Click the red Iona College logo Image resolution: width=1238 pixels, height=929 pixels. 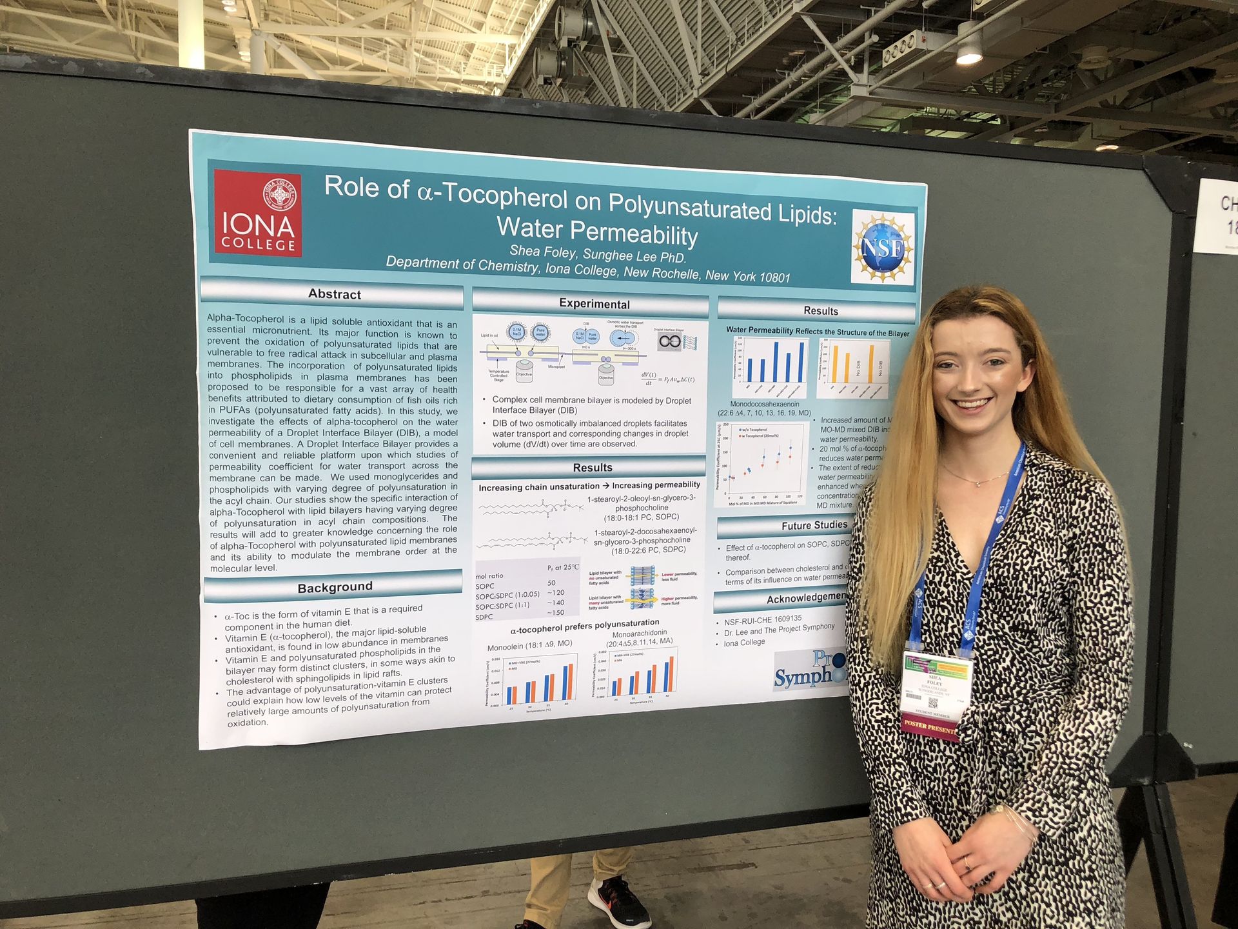tap(258, 212)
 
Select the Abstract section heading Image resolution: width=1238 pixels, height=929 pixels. tap(334, 294)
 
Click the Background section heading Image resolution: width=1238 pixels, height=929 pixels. tap(335, 587)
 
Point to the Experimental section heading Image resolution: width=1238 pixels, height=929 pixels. tap(594, 304)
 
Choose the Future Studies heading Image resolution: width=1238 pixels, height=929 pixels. tap(814, 525)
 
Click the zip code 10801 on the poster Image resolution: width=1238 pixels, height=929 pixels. tap(774, 277)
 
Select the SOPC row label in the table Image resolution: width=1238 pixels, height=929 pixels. tap(485, 586)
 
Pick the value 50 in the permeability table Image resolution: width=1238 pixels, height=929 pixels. tap(551, 583)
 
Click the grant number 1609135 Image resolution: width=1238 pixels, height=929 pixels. tap(780, 619)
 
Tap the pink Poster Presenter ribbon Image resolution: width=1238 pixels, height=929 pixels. tap(928, 726)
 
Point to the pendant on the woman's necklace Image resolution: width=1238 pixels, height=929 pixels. tap(978, 483)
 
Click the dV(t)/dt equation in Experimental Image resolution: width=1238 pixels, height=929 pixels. tap(666, 378)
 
